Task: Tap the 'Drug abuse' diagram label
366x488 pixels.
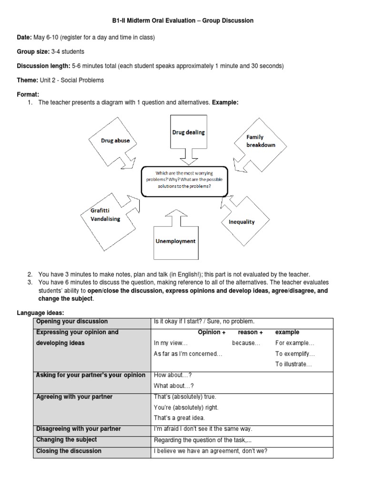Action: tap(115, 141)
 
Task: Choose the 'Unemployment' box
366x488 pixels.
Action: tap(175, 241)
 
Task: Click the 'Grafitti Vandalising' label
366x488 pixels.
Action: tap(105, 215)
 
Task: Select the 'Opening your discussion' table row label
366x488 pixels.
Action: tap(72, 321)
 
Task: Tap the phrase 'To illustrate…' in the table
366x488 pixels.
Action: tap(293, 364)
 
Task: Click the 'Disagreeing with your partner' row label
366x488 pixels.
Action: tap(78, 429)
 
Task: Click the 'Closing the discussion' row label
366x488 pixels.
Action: tap(69, 451)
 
